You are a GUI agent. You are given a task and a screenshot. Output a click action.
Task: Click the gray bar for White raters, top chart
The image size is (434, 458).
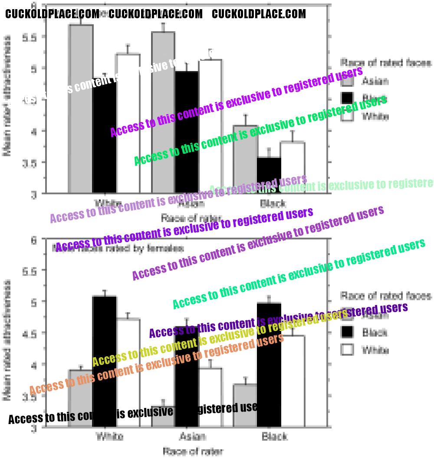click(x=81, y=109)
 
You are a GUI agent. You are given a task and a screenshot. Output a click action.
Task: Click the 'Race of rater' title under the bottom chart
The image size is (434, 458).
click(x=193, y=451)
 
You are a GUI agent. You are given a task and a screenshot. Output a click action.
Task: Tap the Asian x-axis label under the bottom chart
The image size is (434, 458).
click(x=192, y=436)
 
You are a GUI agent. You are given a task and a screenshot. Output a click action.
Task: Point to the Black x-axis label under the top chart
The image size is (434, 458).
click(x=273, y=204)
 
